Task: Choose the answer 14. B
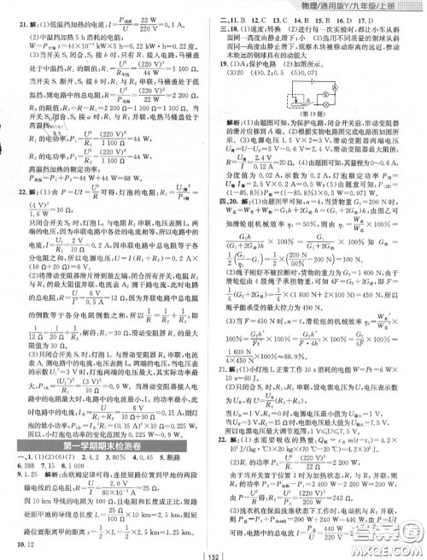pos(309,18)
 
